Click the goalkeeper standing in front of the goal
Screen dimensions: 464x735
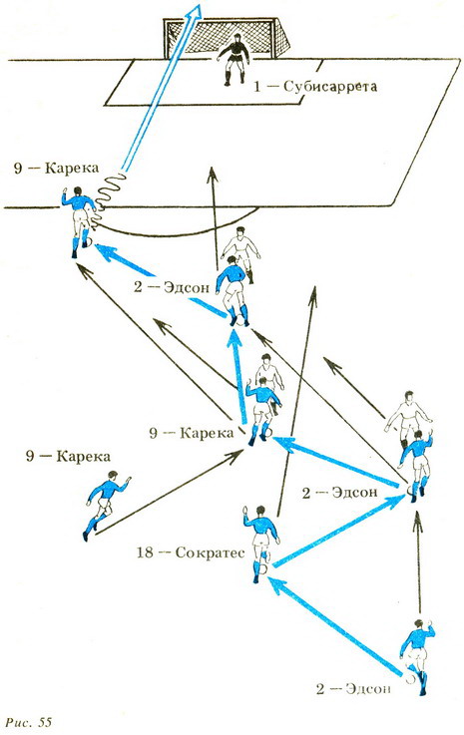pos(233,60)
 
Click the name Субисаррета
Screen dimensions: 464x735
pos(330,87)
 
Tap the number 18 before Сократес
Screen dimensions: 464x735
pos(146,552)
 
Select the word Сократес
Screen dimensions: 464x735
pos(211,553)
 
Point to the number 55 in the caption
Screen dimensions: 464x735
pos(45,722)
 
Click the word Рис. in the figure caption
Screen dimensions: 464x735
pos(19,722)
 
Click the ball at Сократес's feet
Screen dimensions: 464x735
pos(262,569)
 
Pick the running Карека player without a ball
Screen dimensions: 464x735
pos(107,504)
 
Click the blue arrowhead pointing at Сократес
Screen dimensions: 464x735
pos(275,585)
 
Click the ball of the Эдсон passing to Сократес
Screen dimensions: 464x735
pos(411,678)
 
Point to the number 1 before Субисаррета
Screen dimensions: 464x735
pos(256,86)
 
